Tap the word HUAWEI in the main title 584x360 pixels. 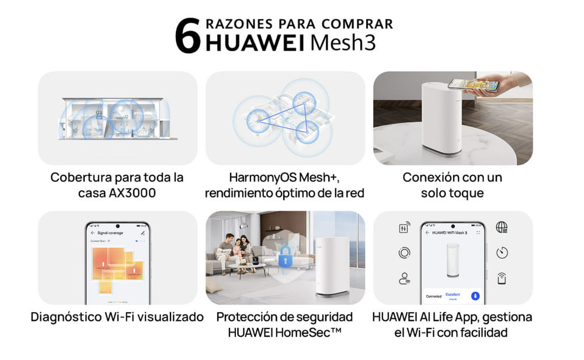pyautogui.click(x=255, y=44)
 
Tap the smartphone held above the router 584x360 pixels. pyautogui.click(x=473, y=85)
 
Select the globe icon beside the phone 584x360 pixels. pyautogui.click(x=502, y=227)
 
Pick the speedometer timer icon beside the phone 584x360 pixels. pyautogui.click(x=502, y=252)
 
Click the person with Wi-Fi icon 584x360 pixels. pyautogui.click(x=404, y=279)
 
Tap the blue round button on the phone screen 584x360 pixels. pyautogui.click(x=475, y=296)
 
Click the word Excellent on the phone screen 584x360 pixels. pyautogui.click(x=453, y=295)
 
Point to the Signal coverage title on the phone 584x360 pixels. pyautogui.click(x=110, y=233)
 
